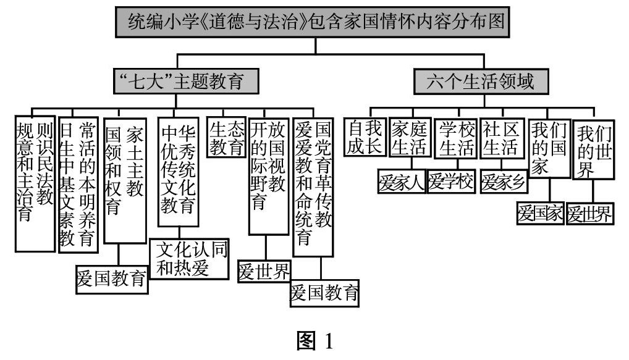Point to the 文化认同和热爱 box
(190, 257)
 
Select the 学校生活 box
(456, 138)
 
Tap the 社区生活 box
(500, 138)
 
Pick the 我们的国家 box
(549, 149)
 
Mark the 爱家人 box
(402, 183)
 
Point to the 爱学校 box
(450, 183)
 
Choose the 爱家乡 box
(504, 183)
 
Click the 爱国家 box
(540, 214)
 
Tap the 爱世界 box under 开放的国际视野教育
(264, 271)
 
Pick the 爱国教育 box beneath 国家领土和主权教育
(112, 280)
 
